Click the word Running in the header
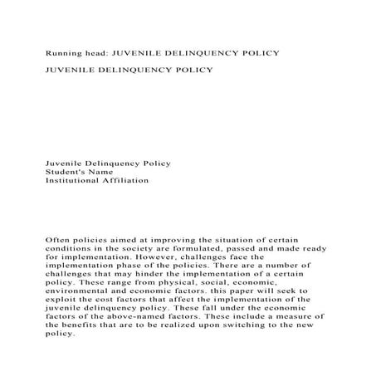tap(63, 52)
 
